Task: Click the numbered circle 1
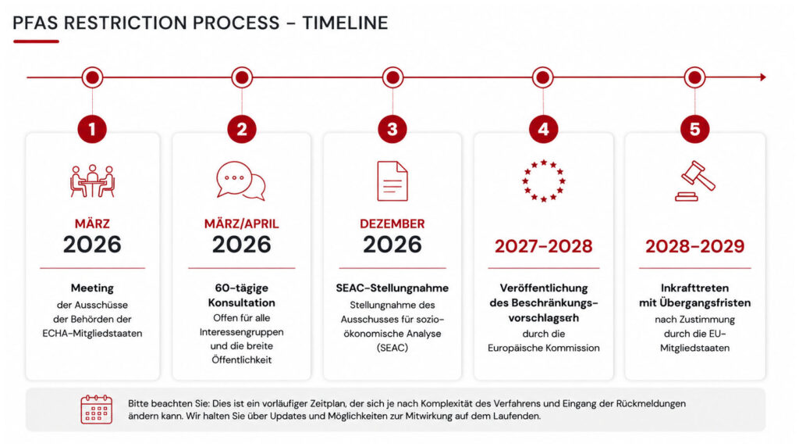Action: point(92,129)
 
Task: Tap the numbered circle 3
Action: point(392,129)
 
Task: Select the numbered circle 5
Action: point(694,129)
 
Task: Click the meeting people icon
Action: point(92,181)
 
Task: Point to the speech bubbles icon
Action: point(241,181)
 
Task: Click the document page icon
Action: point(392,181)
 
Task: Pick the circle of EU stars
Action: point(544,181)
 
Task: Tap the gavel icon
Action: point(695,181)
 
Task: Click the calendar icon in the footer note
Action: point(96,409)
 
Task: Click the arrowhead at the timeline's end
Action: point(763,77)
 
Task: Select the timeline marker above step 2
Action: point(242,77)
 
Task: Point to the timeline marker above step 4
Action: point(543,77)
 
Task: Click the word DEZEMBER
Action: point(392,224)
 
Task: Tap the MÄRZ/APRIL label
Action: point(242,224)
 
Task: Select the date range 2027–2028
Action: point(544,246)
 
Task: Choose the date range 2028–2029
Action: point(695,246)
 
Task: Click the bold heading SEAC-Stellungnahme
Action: point(392,288)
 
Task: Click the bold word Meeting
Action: point(92,288)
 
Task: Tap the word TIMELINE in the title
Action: point(345,23)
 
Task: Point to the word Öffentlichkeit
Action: point(242,359)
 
